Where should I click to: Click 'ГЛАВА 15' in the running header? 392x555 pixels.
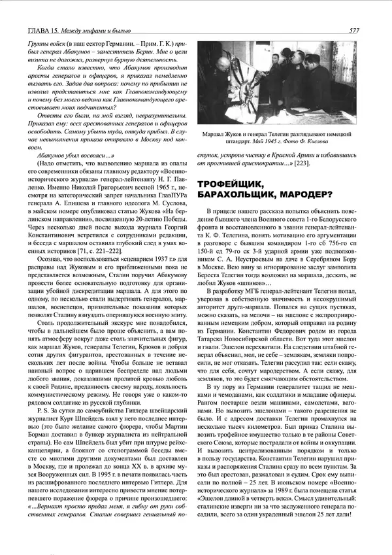(37, 30)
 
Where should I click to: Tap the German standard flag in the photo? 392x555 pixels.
(248, 98)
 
